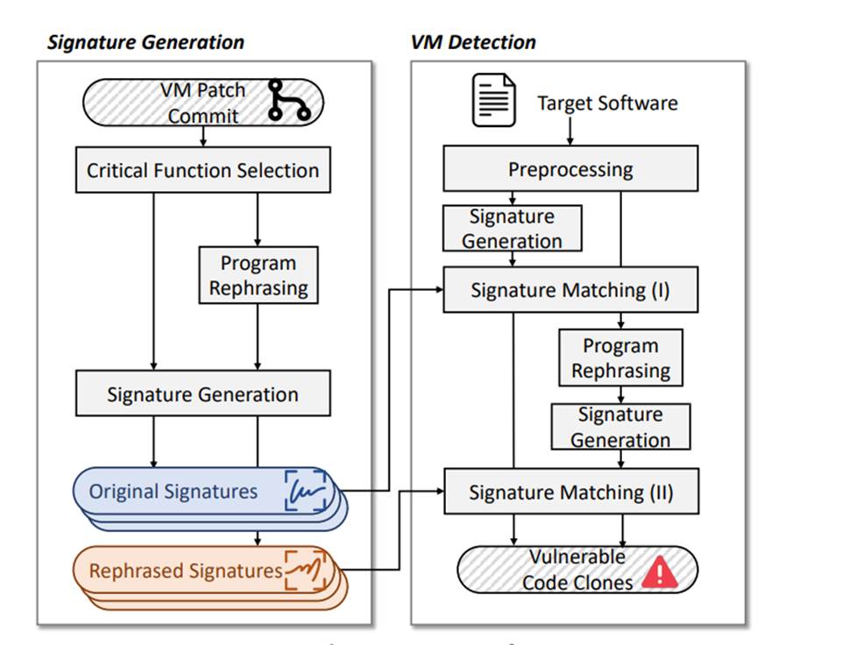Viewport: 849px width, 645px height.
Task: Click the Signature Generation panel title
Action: [x=145, y=42]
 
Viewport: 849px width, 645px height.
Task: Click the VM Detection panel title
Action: [x=473, y=42]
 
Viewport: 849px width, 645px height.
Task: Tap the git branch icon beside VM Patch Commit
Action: [x=289, y=101]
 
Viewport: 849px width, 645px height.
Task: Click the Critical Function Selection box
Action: [x=202, y=170]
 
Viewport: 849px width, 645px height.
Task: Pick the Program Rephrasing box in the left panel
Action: [x=258, y=275]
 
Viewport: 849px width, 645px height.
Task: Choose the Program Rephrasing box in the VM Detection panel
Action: [x=620, y=358]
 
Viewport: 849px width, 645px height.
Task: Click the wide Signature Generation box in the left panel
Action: [x=202, y=394]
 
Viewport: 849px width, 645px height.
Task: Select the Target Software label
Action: [x=607, y=103]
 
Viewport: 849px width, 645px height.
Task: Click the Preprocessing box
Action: [x=570, y=169]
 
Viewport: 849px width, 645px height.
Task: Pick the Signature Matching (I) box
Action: [x=570, y=290]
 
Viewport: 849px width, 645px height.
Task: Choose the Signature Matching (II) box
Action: [x=570, y=493]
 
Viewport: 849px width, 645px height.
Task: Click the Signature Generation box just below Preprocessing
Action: [x=512, y=228]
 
